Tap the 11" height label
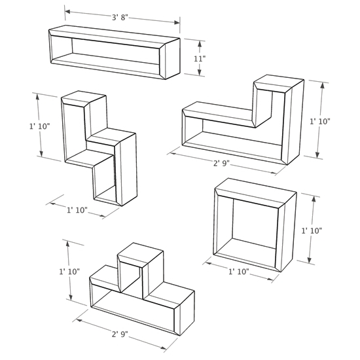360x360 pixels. pyautogui.click(x=200, y=58)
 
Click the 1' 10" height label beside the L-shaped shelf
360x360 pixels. pyautogui.click(x=320, y=121)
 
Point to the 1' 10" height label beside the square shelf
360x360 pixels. pyautogui.click(x=312, y=230)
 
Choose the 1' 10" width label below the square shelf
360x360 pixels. pyautogui.click(x=238, y=271)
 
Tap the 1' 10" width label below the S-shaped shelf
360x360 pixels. pyautogui.click(x=77, y=209)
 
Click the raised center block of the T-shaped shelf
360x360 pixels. pyautogui.click(x=139, y=265)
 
